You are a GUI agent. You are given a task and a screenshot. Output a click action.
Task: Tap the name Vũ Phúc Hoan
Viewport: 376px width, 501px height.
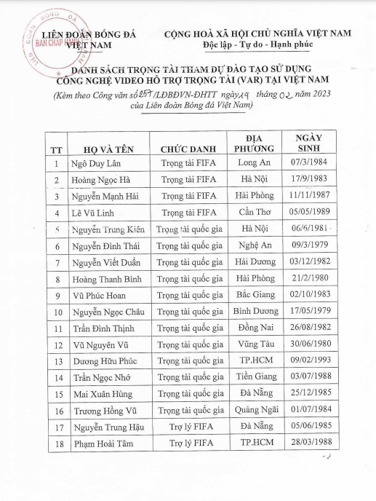(x=100, y=296)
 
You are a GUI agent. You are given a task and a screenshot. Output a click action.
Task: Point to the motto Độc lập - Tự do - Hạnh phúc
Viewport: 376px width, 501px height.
(x=268, y=47)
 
